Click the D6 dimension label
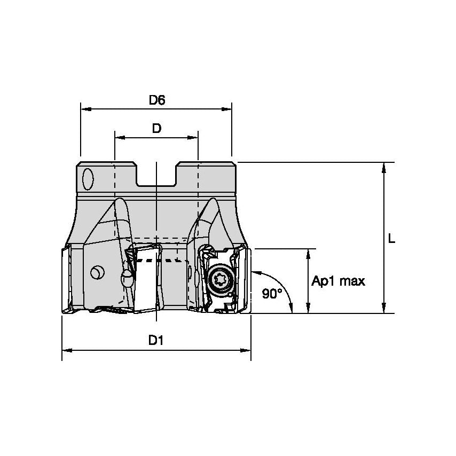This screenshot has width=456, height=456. click(x=156, y=99)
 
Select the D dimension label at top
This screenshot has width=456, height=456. click(x=156, y=128)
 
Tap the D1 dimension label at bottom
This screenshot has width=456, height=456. click(x=156, y=340)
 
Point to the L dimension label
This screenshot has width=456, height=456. click(x=391, y=240)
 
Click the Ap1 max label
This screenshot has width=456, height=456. click(x=339, y=281)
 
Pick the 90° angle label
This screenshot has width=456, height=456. click(x=272, y=293)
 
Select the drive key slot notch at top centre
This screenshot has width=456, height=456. click(x=156, y=175)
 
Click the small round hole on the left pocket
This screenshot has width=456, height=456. click(x=97, y=273)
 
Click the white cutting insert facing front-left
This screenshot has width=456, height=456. click(x=146, y=280)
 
